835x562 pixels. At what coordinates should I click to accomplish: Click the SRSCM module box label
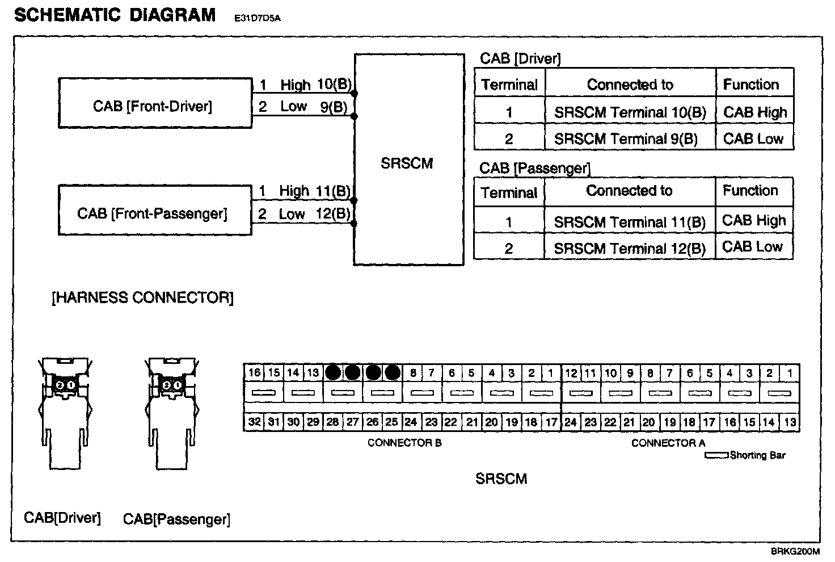407,163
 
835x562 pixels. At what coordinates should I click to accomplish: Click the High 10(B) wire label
315,85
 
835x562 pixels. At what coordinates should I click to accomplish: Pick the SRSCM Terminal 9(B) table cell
626,139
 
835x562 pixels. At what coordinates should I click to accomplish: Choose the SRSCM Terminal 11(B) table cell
630,222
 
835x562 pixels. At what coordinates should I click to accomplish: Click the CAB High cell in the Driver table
755,112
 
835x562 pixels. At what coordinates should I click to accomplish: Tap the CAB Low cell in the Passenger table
752,247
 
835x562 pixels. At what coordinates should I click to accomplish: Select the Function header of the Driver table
751,85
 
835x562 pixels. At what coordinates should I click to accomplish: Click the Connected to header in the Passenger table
629,191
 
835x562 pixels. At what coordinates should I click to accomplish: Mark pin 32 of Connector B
254,422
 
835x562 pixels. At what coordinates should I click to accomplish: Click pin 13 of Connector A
790,422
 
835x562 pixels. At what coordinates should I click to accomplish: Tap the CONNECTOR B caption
404,443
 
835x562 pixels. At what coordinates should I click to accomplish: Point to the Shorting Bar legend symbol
716,455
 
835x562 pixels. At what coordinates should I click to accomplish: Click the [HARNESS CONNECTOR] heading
142,297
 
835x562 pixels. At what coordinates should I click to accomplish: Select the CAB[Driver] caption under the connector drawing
62,518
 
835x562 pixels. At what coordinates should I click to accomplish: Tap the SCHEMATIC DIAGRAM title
115,15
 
